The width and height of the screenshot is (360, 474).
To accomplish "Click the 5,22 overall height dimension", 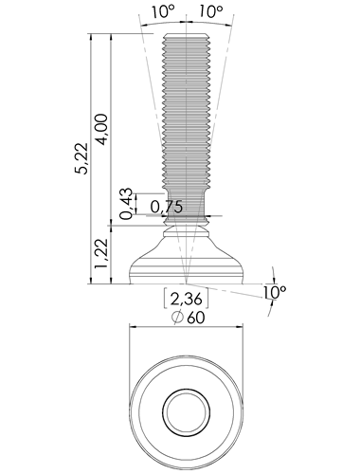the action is coord(81,158).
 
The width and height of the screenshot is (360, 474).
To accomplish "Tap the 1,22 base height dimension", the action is coord(101,254).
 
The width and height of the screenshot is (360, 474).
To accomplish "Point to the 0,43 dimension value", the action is coord(126,204).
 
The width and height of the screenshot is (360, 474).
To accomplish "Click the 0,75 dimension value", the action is coord(167,207).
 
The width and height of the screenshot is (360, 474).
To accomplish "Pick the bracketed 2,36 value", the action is coord(186,299).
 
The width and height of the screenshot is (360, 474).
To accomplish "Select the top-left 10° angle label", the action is coord(163,12).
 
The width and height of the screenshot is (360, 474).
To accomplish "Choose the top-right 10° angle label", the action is coord(211,12).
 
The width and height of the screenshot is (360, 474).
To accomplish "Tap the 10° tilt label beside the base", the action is coord(275,293).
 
